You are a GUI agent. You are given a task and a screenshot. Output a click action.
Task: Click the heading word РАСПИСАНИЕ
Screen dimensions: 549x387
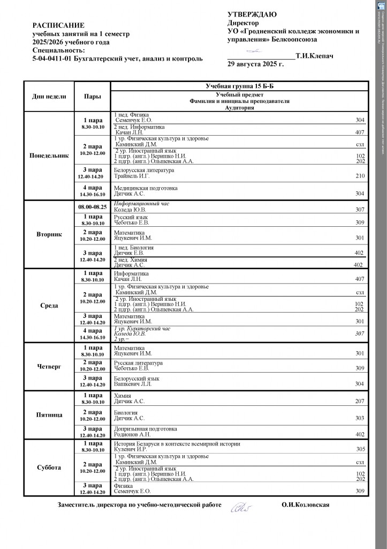58,25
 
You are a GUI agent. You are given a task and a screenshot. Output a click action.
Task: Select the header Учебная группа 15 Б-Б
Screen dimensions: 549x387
239,86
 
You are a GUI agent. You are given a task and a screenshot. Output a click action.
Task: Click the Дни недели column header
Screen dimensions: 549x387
49,97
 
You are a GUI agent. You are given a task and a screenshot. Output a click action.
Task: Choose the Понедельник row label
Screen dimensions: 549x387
49,155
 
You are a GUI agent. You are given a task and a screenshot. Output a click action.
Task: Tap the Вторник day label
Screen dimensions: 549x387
49,234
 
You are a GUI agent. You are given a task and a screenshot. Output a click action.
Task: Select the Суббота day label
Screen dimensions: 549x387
49,468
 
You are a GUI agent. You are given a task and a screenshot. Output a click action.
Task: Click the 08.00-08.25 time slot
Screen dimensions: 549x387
92,206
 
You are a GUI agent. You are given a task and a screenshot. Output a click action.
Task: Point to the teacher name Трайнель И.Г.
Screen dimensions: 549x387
132,176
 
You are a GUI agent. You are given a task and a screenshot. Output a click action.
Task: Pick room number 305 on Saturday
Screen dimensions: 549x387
360,449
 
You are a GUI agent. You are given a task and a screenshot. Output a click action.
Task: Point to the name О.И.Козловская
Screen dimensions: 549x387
305,505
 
